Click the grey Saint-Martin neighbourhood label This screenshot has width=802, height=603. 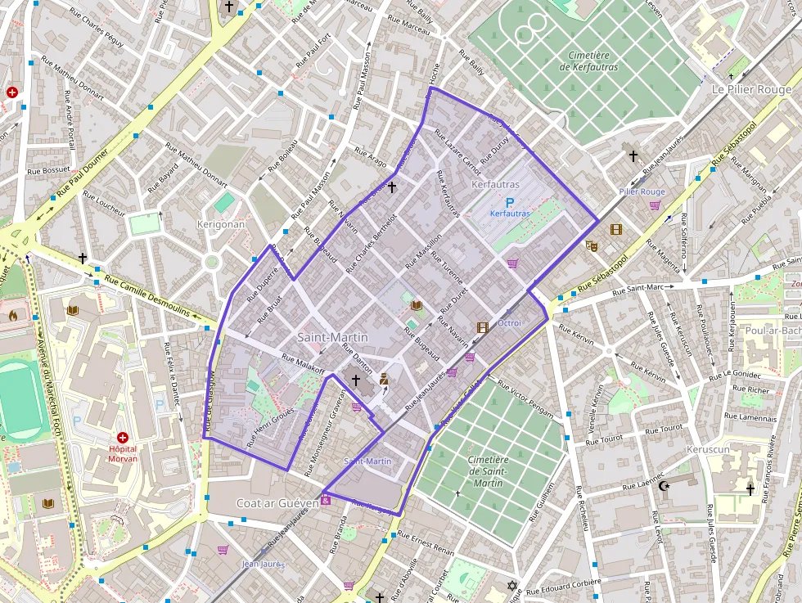tap(332, 337)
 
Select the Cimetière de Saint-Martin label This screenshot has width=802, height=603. tap(488, 471)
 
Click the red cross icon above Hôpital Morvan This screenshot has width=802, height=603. tap(123, 439)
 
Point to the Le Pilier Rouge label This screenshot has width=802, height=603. tap(751, 89)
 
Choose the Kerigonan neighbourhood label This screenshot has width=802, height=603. tap(221, 223)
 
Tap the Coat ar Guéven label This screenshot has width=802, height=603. tap(277, 503)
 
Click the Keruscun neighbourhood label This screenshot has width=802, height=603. tap(708, 450)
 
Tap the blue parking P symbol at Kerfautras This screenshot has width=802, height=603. tap(510, 202)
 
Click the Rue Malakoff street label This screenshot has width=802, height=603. tap(304, 362)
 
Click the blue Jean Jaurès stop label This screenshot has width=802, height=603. tap(263, 564)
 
